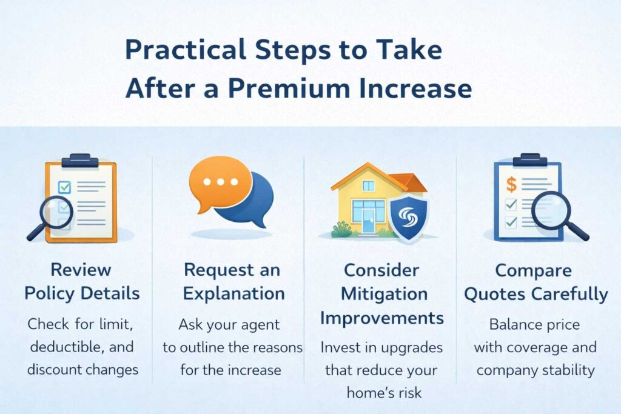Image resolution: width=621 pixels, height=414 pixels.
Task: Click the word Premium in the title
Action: (x=289, y=88)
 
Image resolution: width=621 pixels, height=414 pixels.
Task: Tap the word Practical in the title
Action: (x=186, y=50)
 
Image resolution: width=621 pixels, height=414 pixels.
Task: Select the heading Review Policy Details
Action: (x=82, y=281)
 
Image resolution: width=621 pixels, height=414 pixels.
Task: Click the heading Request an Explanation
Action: (x=233, y=281)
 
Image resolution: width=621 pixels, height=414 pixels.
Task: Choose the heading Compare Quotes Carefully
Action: (x=535, y=282)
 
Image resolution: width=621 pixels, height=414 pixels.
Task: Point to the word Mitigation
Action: (x=384, y=294)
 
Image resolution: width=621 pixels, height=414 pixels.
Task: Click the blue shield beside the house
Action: (x=409, y=217)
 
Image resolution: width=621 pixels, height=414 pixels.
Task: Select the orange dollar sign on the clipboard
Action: (x=512, y=184)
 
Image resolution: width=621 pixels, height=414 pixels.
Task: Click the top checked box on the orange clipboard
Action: (x=64, y=187)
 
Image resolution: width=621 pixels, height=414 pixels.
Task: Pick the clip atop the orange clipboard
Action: (x=80, y=160)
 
